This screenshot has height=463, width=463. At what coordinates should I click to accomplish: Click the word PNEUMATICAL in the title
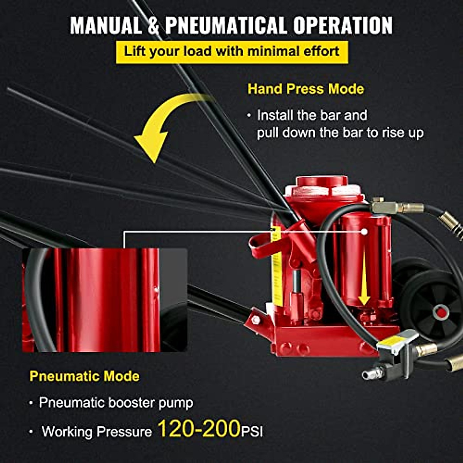pyautogui.click(x=226, y=25)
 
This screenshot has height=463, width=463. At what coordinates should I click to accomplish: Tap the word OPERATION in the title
pyautogui.click(x=343, y=25)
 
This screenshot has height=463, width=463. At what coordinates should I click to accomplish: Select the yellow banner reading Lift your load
pyautogui.click(x=231, y=52)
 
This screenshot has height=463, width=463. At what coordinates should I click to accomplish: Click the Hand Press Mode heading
pyautogui.click(x=306, y=89)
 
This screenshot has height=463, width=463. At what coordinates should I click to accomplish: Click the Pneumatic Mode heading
pyautogui.click(x=84, y=376)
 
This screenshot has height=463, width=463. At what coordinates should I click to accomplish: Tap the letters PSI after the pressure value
pyautogui.click(x=252, y=431)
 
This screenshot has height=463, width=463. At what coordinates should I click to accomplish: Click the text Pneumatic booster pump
pyautogui.click(x=116, y=403)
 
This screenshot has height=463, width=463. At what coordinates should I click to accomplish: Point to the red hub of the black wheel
pyautogui.click(x=441, y=311)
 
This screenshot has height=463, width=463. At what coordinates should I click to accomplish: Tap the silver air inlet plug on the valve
pyautogui.click(x=372, y=373)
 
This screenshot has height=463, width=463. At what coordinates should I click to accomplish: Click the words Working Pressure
pyautogui.click(x=97, y=431)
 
